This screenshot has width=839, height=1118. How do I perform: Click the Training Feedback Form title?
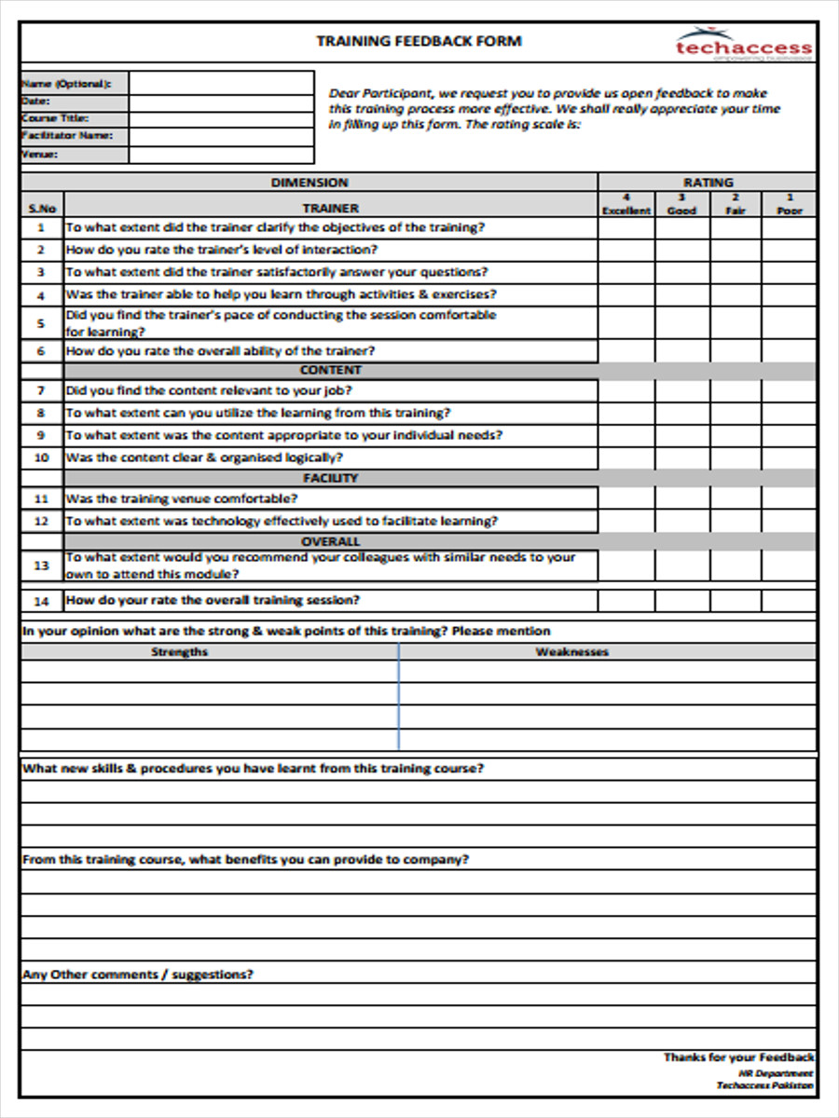click(x=419, y=41)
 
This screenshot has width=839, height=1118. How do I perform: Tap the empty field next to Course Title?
click(x=221, y=118)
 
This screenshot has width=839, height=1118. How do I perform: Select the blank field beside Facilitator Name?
click(x=221, y=136)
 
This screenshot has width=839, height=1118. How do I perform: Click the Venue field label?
click(x=39, y=155)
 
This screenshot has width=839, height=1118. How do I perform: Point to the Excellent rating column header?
click(x=626, y=204)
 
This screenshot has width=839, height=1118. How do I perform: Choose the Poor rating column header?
click(x=789, y=204)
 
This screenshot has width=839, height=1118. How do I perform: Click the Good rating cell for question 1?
click(x=681, y=227)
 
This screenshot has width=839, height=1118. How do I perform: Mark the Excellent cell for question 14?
click(x=626, y=601)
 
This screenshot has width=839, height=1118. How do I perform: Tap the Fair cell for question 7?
click(x=736, y=391)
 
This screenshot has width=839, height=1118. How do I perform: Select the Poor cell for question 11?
click(x=789, y=499)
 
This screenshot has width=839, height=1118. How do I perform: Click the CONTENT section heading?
click(x=330, y=371)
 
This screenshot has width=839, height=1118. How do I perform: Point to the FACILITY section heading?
click(x=330, y=479)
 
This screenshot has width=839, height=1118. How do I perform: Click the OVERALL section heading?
click(x=330, y=541)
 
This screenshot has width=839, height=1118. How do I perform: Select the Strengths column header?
click(x=179, y=652)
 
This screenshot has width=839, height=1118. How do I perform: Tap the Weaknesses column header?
click(x=571, y=652)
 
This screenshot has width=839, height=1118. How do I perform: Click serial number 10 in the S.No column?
click(x=41, y=458)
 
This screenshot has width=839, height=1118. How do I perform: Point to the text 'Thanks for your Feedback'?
click(x=738, y=1057)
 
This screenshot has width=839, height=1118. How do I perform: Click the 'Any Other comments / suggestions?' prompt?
click(x=137, y=975)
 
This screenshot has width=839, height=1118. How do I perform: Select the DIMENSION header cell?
click(x=309, y=183)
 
